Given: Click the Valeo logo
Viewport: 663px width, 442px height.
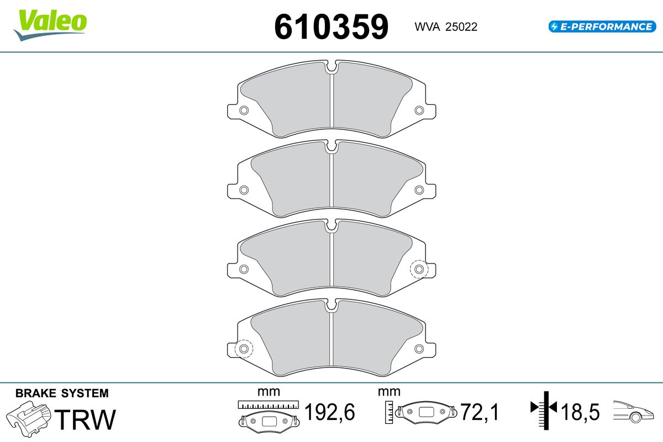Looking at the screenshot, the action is [50, 25].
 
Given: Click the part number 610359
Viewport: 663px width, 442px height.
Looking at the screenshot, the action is [331, 27].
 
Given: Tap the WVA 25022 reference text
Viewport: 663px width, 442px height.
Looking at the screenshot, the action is [446, 27].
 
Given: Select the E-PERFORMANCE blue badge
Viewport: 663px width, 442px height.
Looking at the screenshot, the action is [602, 27].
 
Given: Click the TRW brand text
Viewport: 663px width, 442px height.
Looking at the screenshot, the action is [85, 419].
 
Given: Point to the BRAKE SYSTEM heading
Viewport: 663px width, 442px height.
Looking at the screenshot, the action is [62, 393].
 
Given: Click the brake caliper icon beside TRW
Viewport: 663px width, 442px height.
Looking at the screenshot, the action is [29, 419].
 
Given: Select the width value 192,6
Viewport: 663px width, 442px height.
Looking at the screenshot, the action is [329, 412].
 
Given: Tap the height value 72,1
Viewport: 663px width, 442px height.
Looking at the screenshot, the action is [480, 412].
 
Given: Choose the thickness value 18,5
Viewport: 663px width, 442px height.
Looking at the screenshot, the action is [580, 412].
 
